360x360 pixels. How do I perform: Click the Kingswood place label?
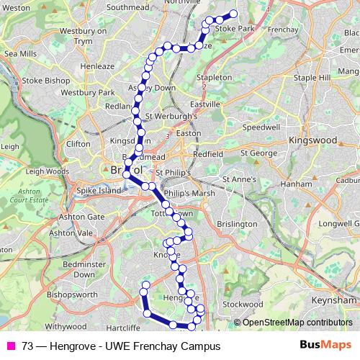click(x=318, y=140)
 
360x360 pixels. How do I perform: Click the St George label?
click(x=259, y=153)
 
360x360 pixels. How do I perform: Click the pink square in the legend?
click(x=11, y=346)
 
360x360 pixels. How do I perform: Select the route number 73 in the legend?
click(x=27, y=346)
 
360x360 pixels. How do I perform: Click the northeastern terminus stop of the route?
click(x=233, y=13)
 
